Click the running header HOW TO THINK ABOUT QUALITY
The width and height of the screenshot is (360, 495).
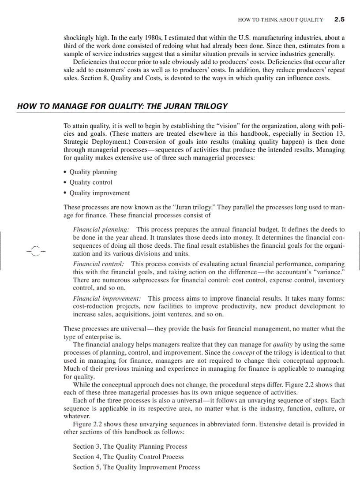[280, 20]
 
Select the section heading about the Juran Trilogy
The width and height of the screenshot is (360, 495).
[122, 106]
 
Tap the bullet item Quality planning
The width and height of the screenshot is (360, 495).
[93, 172]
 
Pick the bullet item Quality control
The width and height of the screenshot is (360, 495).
[91, 182]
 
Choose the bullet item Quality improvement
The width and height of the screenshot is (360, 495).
[100, 193]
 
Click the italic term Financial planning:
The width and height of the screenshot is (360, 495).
[101, 230]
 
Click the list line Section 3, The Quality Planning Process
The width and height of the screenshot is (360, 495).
[130, 447]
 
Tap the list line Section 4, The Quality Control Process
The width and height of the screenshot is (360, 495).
[128, 457]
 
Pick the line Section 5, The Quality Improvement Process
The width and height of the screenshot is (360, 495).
[136, 467]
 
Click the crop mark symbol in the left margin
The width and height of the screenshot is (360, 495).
[35, 251]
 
